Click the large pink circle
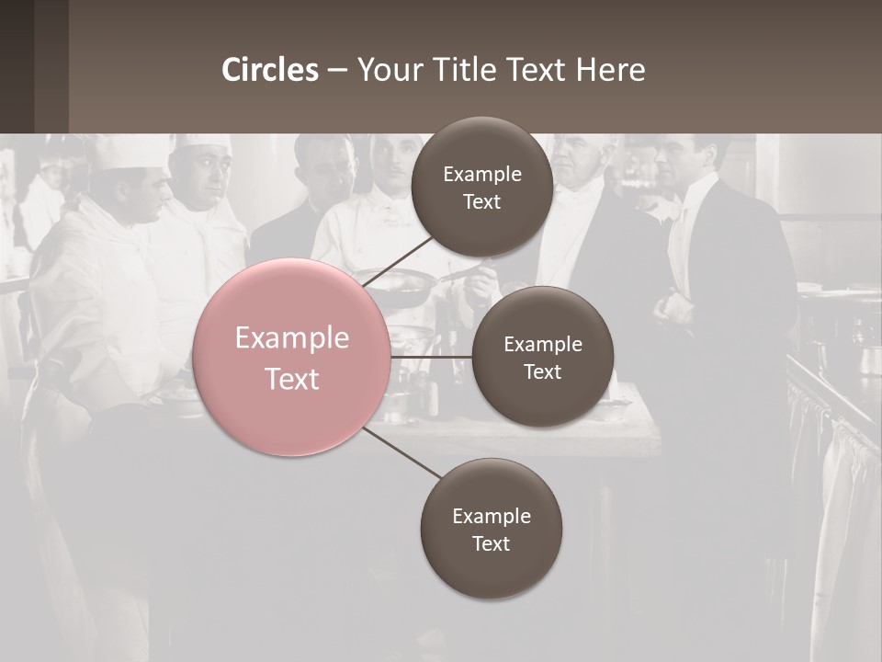(292, 358)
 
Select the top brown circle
(481, 188)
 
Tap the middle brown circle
(542, 357)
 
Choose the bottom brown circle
(491, 529)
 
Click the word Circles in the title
(270, 70)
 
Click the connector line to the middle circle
(431, 357)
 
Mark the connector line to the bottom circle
(401, 452)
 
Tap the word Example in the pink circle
(292, 338)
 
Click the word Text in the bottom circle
(491, 543)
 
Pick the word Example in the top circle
(481, 175)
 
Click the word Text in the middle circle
(542, 371)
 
